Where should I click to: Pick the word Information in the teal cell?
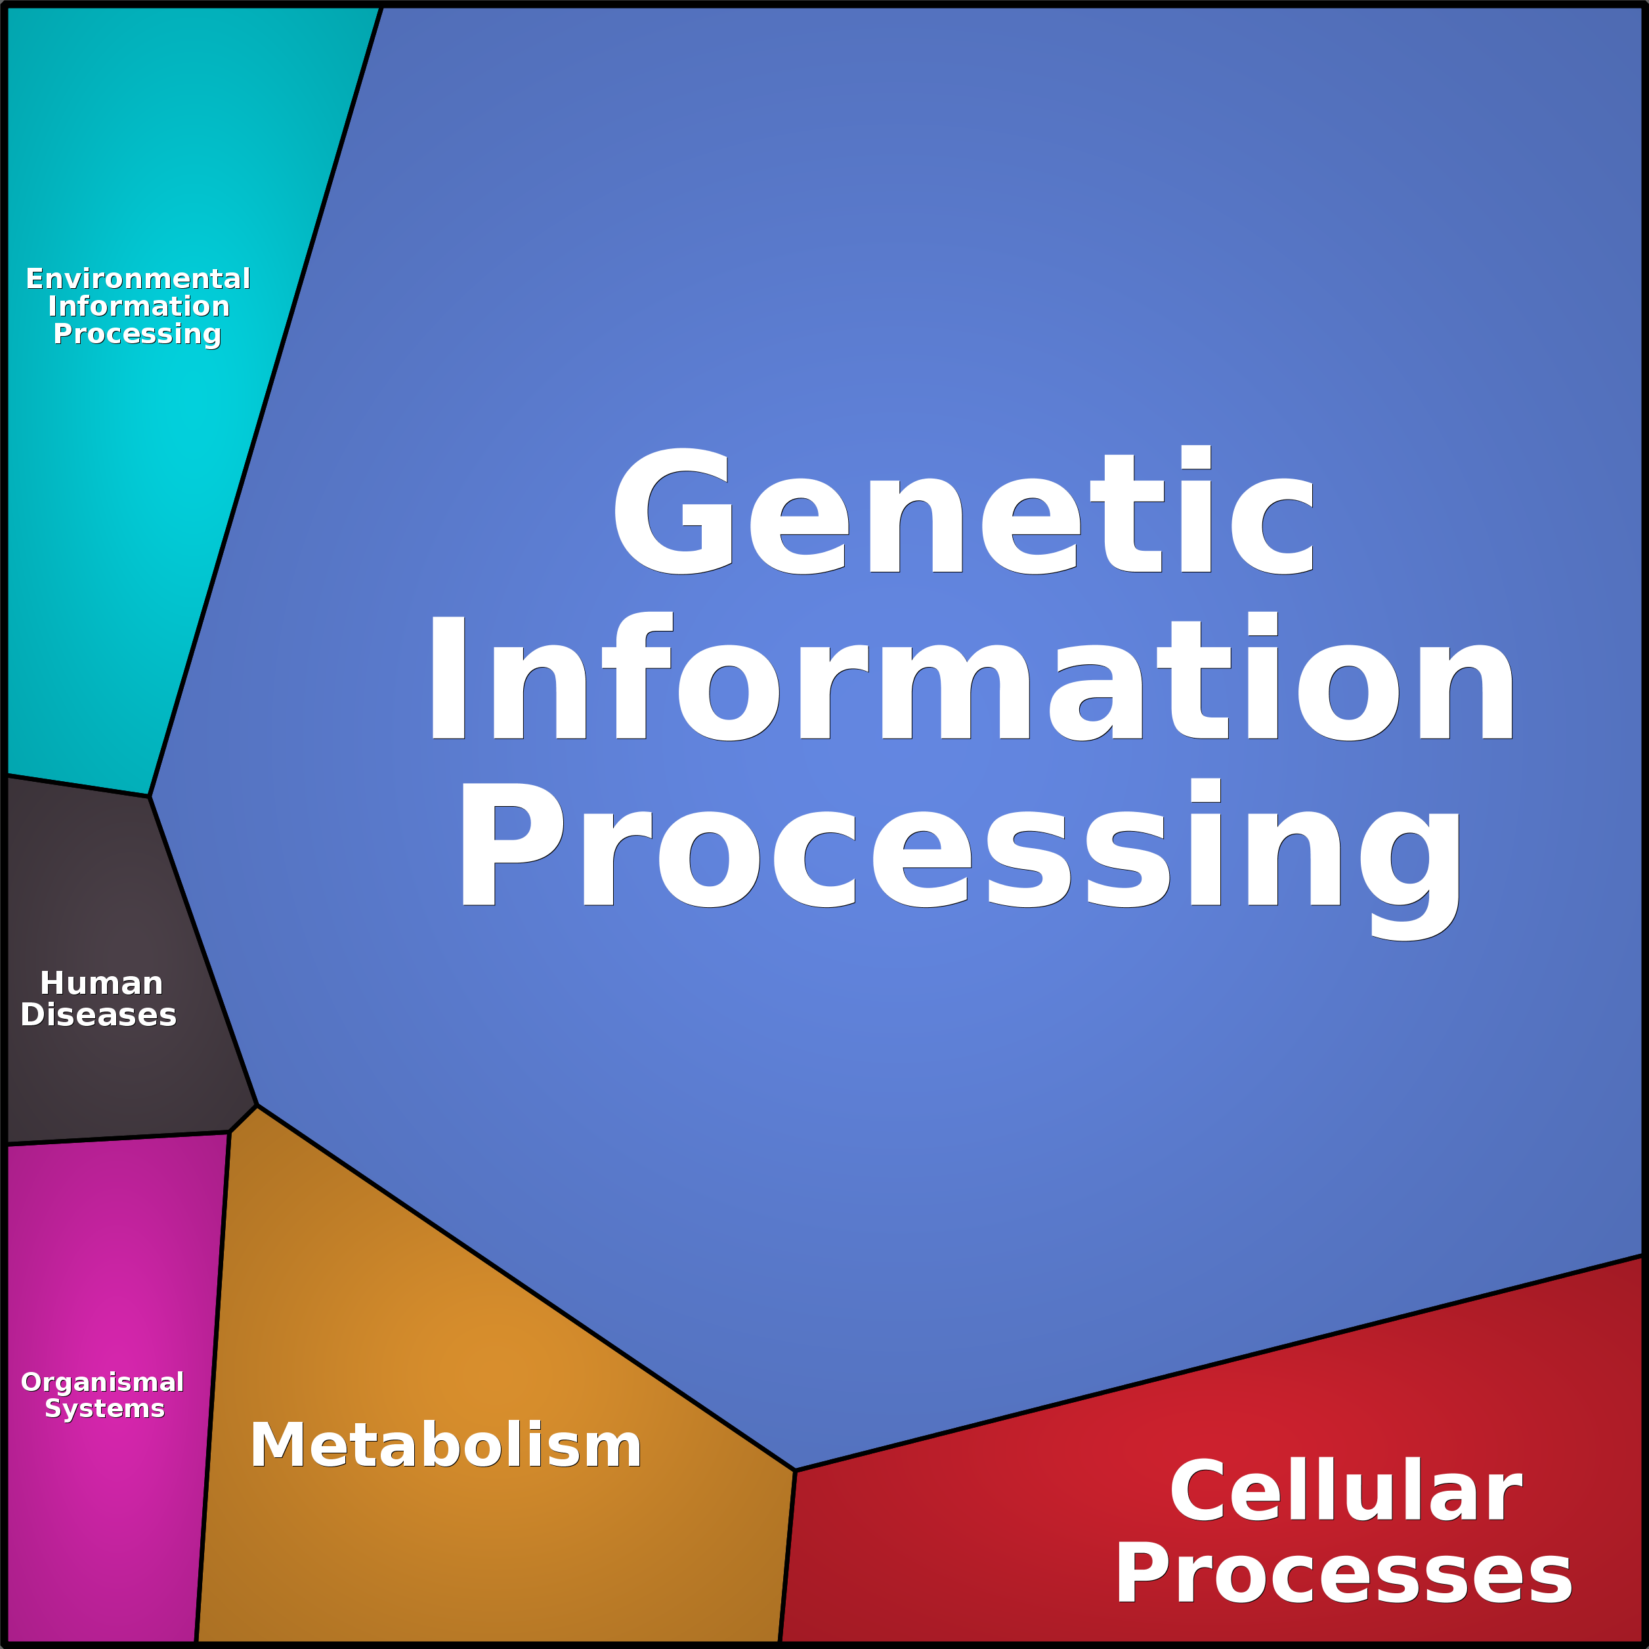point(139,307)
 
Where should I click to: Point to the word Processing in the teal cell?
point(137,333)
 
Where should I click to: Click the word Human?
point(100,983)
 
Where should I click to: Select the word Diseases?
point(98,1015)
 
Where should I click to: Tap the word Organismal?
point(102,1382)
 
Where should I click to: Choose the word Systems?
point(104,1408)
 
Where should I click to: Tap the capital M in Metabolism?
point(278,1446)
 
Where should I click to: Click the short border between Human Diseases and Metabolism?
point(244,1119)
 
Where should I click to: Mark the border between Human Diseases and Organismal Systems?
point(119,1138)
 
